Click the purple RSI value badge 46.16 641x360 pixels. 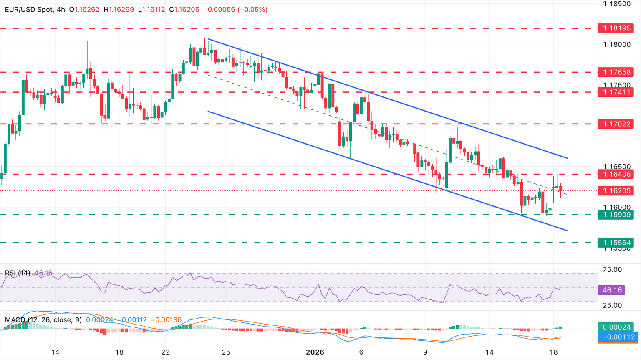612,290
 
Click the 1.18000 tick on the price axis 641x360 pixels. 617,45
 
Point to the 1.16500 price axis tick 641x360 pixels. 617,167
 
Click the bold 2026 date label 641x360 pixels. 315,352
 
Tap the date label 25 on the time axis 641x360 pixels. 226,352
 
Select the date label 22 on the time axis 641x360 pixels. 166,352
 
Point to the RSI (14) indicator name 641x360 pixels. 18,273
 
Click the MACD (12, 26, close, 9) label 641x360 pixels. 43,320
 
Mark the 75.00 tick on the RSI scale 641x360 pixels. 613,270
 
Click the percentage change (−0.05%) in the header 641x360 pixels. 252,9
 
